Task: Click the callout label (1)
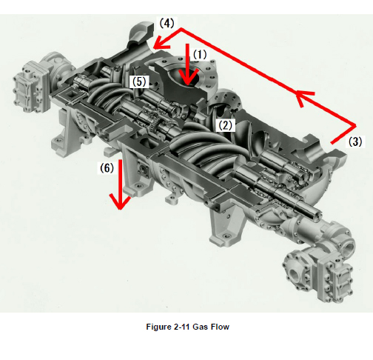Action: pos(200,55)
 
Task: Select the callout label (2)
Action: pos(226,125)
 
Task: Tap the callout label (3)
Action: pos(355,141)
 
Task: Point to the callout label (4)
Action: pos(167,23)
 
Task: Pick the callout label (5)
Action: pos(139,81)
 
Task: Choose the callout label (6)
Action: pos(107,168)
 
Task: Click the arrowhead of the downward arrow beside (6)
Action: pos(120,202)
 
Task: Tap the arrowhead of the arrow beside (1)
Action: pos(188,77)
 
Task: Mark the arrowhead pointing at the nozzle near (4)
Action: pos(161,42)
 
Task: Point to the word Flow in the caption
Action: pos(220,327)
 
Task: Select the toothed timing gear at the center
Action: pos(155,123)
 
